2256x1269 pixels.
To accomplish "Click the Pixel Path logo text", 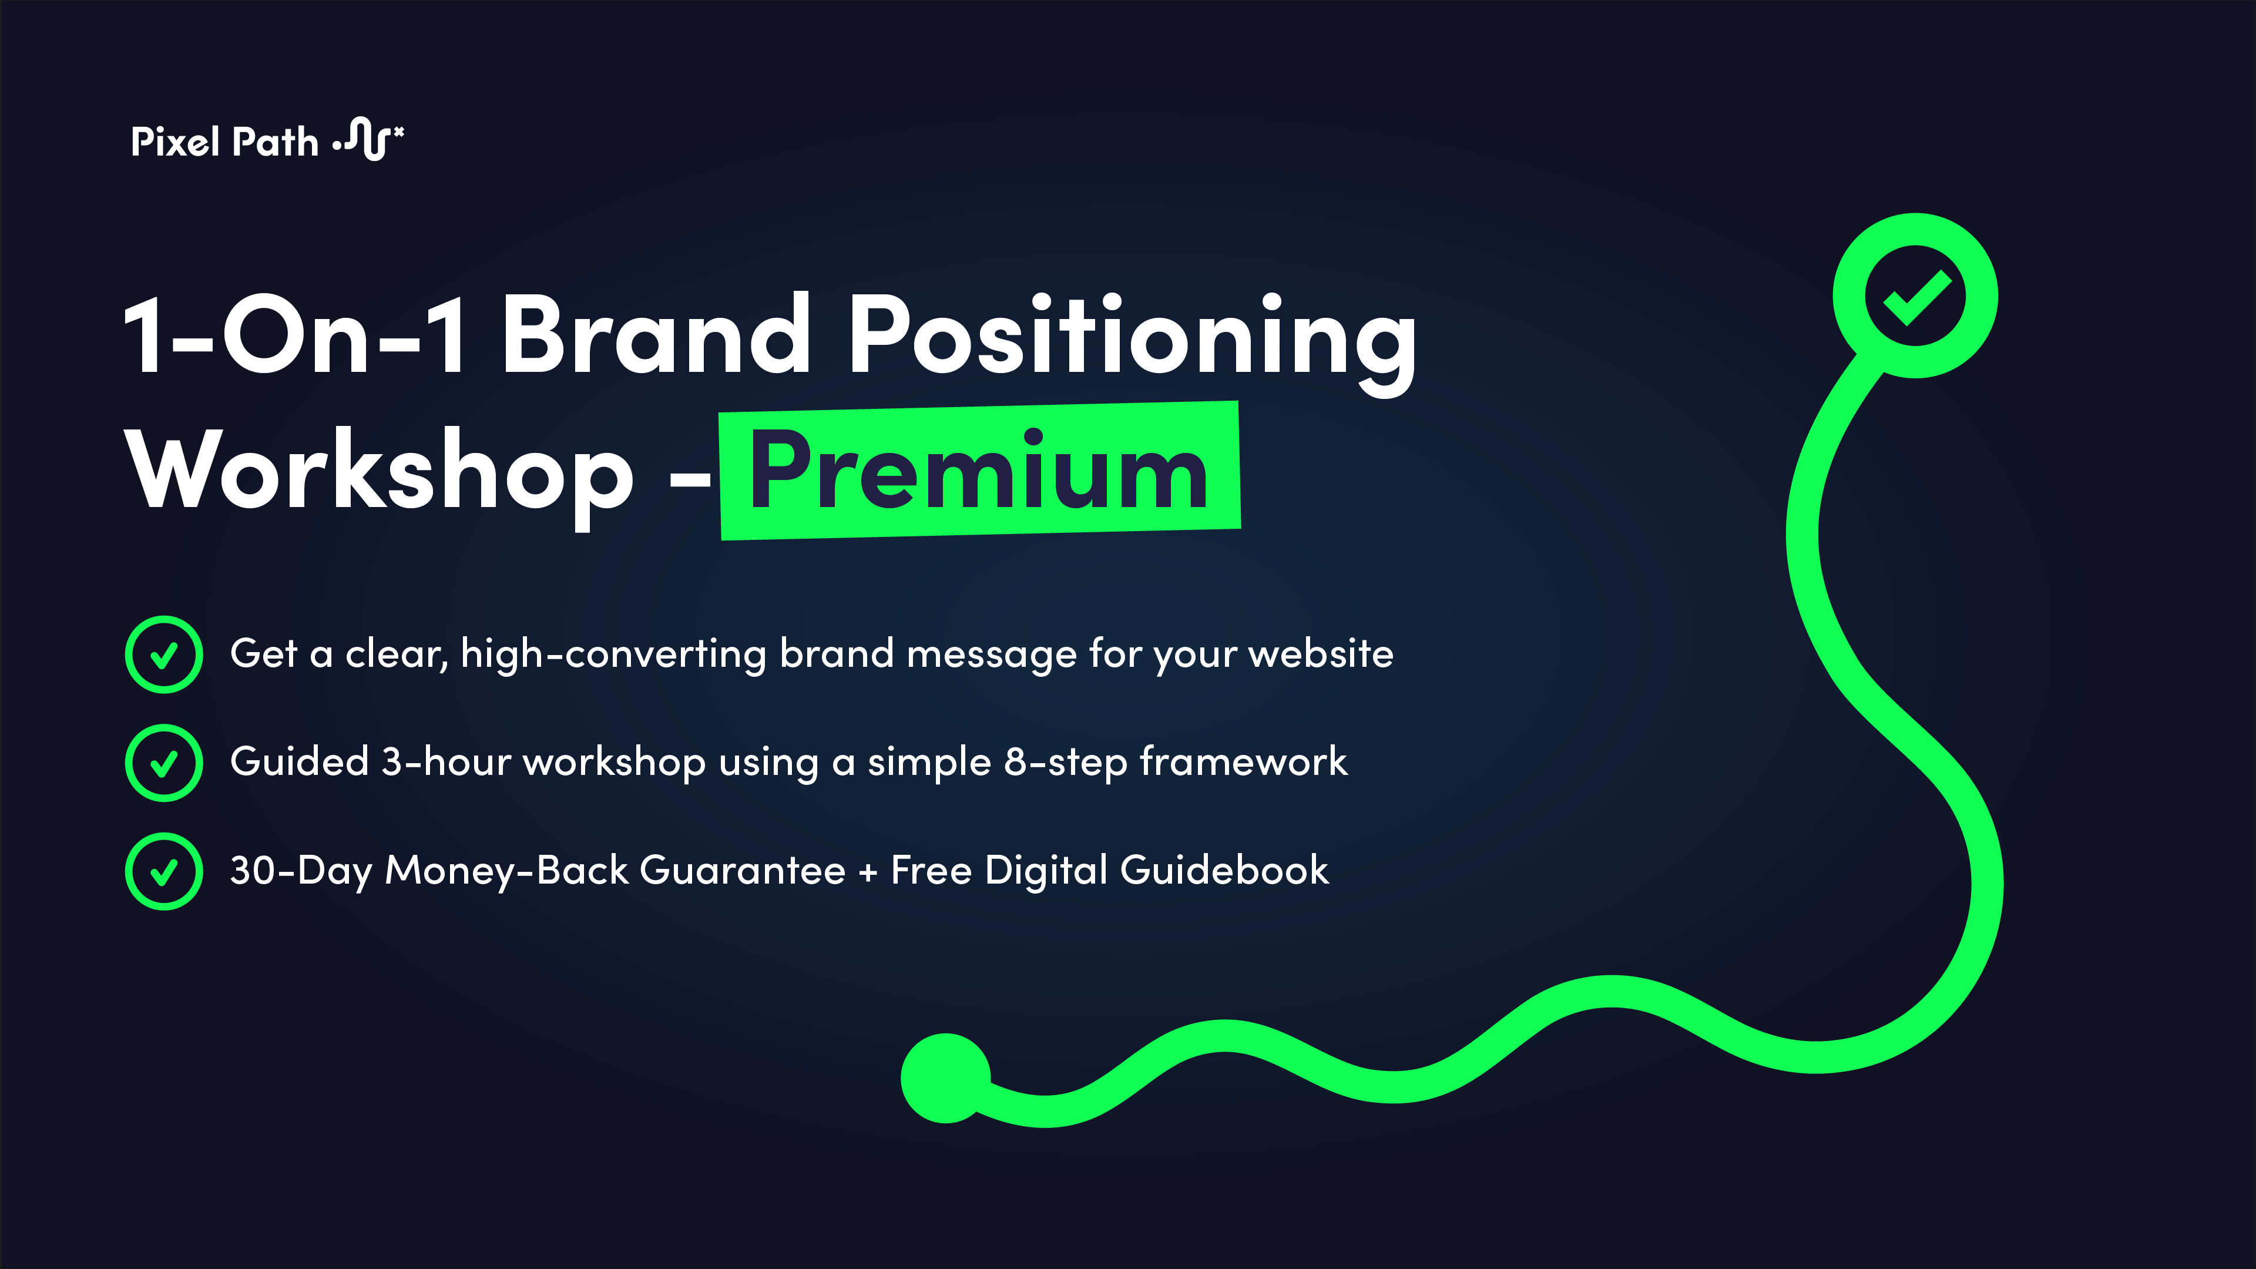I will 224,142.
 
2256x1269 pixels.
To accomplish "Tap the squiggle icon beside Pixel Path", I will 368,139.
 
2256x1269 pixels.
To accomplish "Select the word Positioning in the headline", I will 1132,340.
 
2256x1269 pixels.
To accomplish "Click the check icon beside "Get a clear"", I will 164,654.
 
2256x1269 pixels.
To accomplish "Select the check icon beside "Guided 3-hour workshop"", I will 164,763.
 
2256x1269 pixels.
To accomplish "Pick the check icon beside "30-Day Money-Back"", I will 164,871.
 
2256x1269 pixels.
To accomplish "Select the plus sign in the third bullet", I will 867,872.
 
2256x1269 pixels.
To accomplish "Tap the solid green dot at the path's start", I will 945,1077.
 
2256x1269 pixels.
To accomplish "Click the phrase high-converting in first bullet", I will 613,654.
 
